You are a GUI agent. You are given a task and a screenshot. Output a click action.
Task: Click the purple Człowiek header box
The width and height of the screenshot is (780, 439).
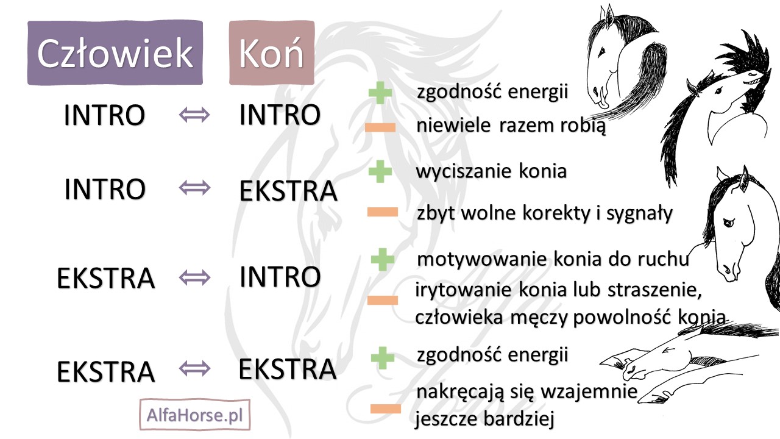click(115, 52)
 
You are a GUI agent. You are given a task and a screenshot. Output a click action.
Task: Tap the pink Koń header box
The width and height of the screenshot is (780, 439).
click(272, 52)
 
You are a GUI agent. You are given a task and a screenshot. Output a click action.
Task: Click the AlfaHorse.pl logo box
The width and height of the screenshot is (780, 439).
click(195, 415)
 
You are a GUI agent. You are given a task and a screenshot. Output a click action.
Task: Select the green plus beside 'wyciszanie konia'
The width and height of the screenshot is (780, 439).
click(380, 171)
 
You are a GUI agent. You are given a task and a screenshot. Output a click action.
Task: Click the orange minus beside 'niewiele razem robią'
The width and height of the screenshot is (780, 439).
click(380, 127)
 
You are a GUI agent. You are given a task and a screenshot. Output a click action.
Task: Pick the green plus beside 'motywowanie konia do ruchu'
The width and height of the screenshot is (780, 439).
click(383, 259)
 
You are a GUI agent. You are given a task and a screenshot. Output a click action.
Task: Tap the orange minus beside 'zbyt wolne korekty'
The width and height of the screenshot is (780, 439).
click(382, 213)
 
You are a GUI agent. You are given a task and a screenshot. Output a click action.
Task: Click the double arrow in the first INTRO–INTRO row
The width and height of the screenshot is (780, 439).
click(194, 114)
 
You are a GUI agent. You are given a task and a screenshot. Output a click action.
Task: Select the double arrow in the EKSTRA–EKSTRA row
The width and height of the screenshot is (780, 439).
click(194, 368)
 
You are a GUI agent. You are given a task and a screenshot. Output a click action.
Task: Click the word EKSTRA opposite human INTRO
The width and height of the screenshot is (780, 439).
click(288, 190)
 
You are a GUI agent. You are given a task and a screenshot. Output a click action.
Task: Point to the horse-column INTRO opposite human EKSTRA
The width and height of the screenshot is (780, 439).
click(280, 277)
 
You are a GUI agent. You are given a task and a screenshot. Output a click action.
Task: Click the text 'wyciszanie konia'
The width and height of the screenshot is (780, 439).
click(491, 171)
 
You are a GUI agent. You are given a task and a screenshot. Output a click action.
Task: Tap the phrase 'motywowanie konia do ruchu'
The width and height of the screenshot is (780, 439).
click(553, 259)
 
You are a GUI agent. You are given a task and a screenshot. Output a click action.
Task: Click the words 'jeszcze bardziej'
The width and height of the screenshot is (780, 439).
click(486, 419)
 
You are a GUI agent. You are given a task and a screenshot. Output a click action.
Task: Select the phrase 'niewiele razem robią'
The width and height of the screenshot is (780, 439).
click(511, 127)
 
